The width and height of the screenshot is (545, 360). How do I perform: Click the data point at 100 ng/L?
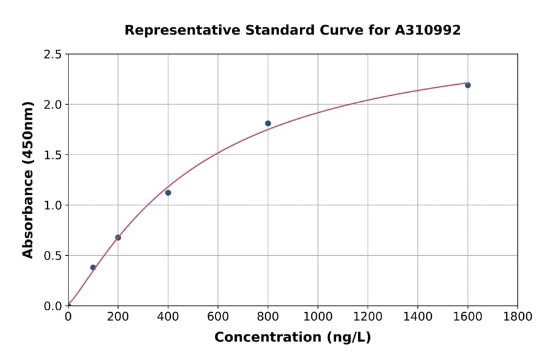coord(93,267)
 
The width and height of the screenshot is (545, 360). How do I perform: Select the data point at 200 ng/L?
coord(118,238)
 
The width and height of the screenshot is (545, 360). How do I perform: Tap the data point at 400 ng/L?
coord(168,193)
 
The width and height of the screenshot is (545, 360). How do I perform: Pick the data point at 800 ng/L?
coord(268,124)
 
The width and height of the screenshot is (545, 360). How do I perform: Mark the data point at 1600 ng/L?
coord(468,85)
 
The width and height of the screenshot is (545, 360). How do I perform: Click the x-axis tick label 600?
coord(218,316)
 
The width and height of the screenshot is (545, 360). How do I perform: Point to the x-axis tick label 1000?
coord(318,316)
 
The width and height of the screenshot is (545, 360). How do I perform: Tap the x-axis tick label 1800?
coord(518,316)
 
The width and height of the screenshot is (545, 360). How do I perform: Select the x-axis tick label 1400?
coord(418,316)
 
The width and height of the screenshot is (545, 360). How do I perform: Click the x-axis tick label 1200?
coord(368,316)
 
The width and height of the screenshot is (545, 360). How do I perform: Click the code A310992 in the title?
coord(428,30)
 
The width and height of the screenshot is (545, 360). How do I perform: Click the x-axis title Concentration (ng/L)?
coord(292,338)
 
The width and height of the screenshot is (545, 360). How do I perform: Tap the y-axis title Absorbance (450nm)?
coord(28,179)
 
